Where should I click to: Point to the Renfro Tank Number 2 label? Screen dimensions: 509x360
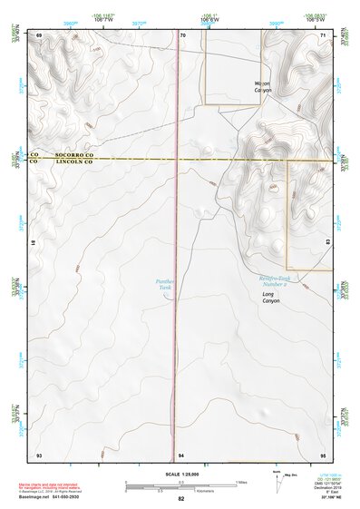[x=273, y=280]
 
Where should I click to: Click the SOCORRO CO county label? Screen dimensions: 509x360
[x=74, y=155]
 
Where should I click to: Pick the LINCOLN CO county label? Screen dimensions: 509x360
[x=74, y=162]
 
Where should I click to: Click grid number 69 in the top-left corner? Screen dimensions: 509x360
[x=39, y=34]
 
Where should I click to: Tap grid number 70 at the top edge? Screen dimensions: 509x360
[x=182, y=34]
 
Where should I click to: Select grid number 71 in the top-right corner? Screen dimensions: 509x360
[x=322, y=34]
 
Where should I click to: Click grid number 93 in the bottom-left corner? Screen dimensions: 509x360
[x=39, y=454]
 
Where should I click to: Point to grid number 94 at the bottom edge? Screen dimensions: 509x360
[x=181, y=454]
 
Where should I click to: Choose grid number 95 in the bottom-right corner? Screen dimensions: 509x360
[x=322, y=454]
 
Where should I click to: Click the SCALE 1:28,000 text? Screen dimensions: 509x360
[x=180, y=474]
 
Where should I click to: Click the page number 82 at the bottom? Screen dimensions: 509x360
[x=180, y=499]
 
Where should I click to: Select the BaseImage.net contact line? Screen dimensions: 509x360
[x=66, y=498]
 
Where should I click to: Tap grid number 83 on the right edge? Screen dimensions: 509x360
[x=325, y=242]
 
